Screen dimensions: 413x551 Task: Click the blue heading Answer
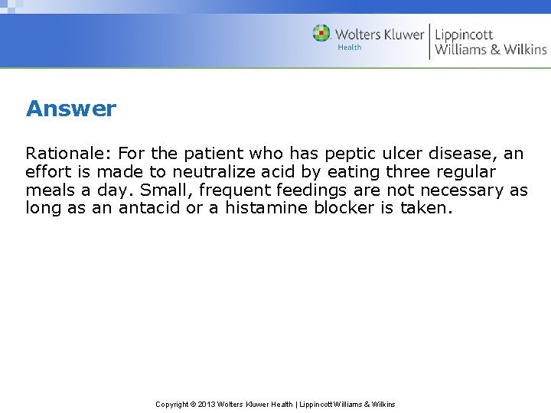[x=70, y=109]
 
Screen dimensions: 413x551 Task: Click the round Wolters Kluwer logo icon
[x=321, y=33]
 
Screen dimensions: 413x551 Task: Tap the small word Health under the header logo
[x=349, y=47]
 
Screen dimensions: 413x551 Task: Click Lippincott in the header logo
[x=464, y=34]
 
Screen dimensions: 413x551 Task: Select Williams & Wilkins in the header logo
[x=491, y=50]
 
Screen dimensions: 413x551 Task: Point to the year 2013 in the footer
[x=206, y=404]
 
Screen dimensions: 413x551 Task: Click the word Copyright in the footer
[x=173, y=404]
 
